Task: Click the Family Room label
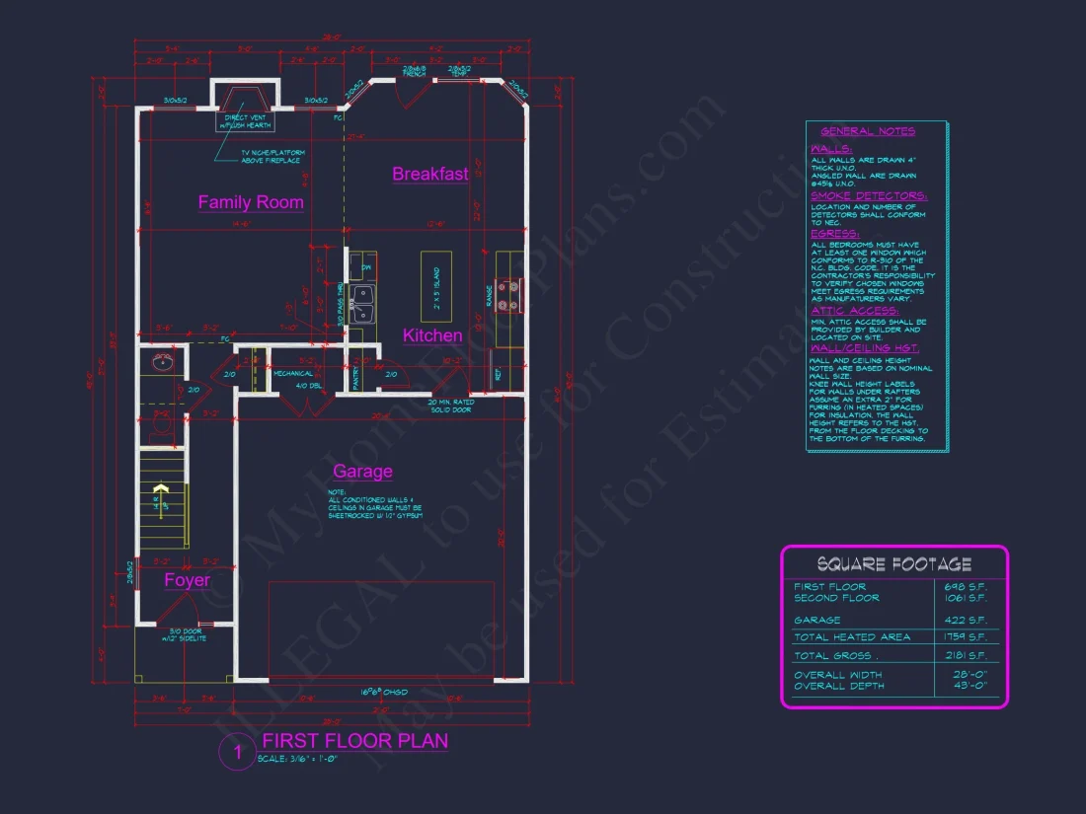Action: coord(251,202)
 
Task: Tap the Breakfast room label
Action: coord(430,175)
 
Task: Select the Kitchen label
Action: coord(432,335)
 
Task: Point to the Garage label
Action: coord(362,472)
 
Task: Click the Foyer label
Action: coord(187,580)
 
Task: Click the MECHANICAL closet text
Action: coord(293,374)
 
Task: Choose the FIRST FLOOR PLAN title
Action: coord(354,741)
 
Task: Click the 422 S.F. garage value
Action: coord(969,620)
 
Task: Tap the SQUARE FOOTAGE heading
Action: coord(893,564)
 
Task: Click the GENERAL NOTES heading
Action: coord(868,131)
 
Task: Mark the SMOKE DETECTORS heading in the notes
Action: coord(869,196)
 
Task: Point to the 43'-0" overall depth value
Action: coord(969,686)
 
